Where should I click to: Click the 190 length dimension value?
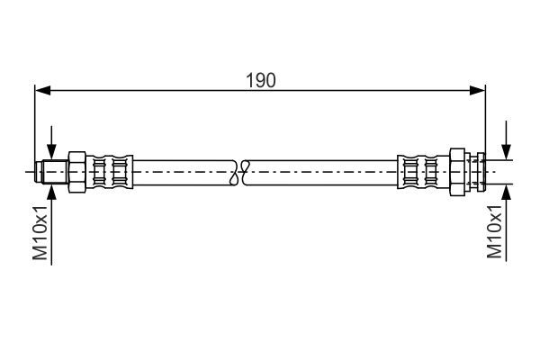[x=261, y=81]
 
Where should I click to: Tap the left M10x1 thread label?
[x=40, y=233]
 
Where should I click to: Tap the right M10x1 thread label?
[x=494, y=231]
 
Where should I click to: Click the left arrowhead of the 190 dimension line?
[x=42, y=91]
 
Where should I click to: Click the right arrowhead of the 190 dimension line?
[x=477, y=91]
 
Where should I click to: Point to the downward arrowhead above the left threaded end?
[x=51, y=152]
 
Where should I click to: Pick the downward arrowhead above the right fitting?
[x=506, y=152]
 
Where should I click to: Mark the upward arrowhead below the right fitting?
[x=506, y=193]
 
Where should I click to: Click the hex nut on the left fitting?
[x=77, y=172]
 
